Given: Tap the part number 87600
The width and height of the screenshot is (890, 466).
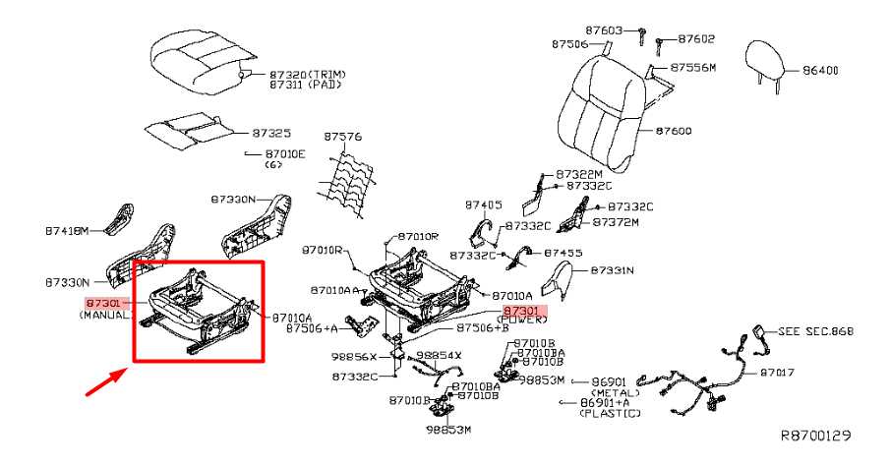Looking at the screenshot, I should [675, 131].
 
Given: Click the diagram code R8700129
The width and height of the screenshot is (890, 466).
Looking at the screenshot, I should [816, 434].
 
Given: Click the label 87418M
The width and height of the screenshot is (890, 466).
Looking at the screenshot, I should [66, 231].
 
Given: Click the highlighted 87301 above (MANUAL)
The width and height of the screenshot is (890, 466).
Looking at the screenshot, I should [102, 304].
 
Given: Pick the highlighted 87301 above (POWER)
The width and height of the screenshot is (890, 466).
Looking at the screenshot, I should [522, 310].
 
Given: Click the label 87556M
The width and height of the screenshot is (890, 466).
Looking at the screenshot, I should [693, 67].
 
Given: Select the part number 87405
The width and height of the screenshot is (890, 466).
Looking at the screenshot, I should [484, 204].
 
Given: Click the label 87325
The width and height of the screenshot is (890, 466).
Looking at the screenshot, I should [270, 131].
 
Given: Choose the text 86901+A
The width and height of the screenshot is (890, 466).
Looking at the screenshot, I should [607, 402].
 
